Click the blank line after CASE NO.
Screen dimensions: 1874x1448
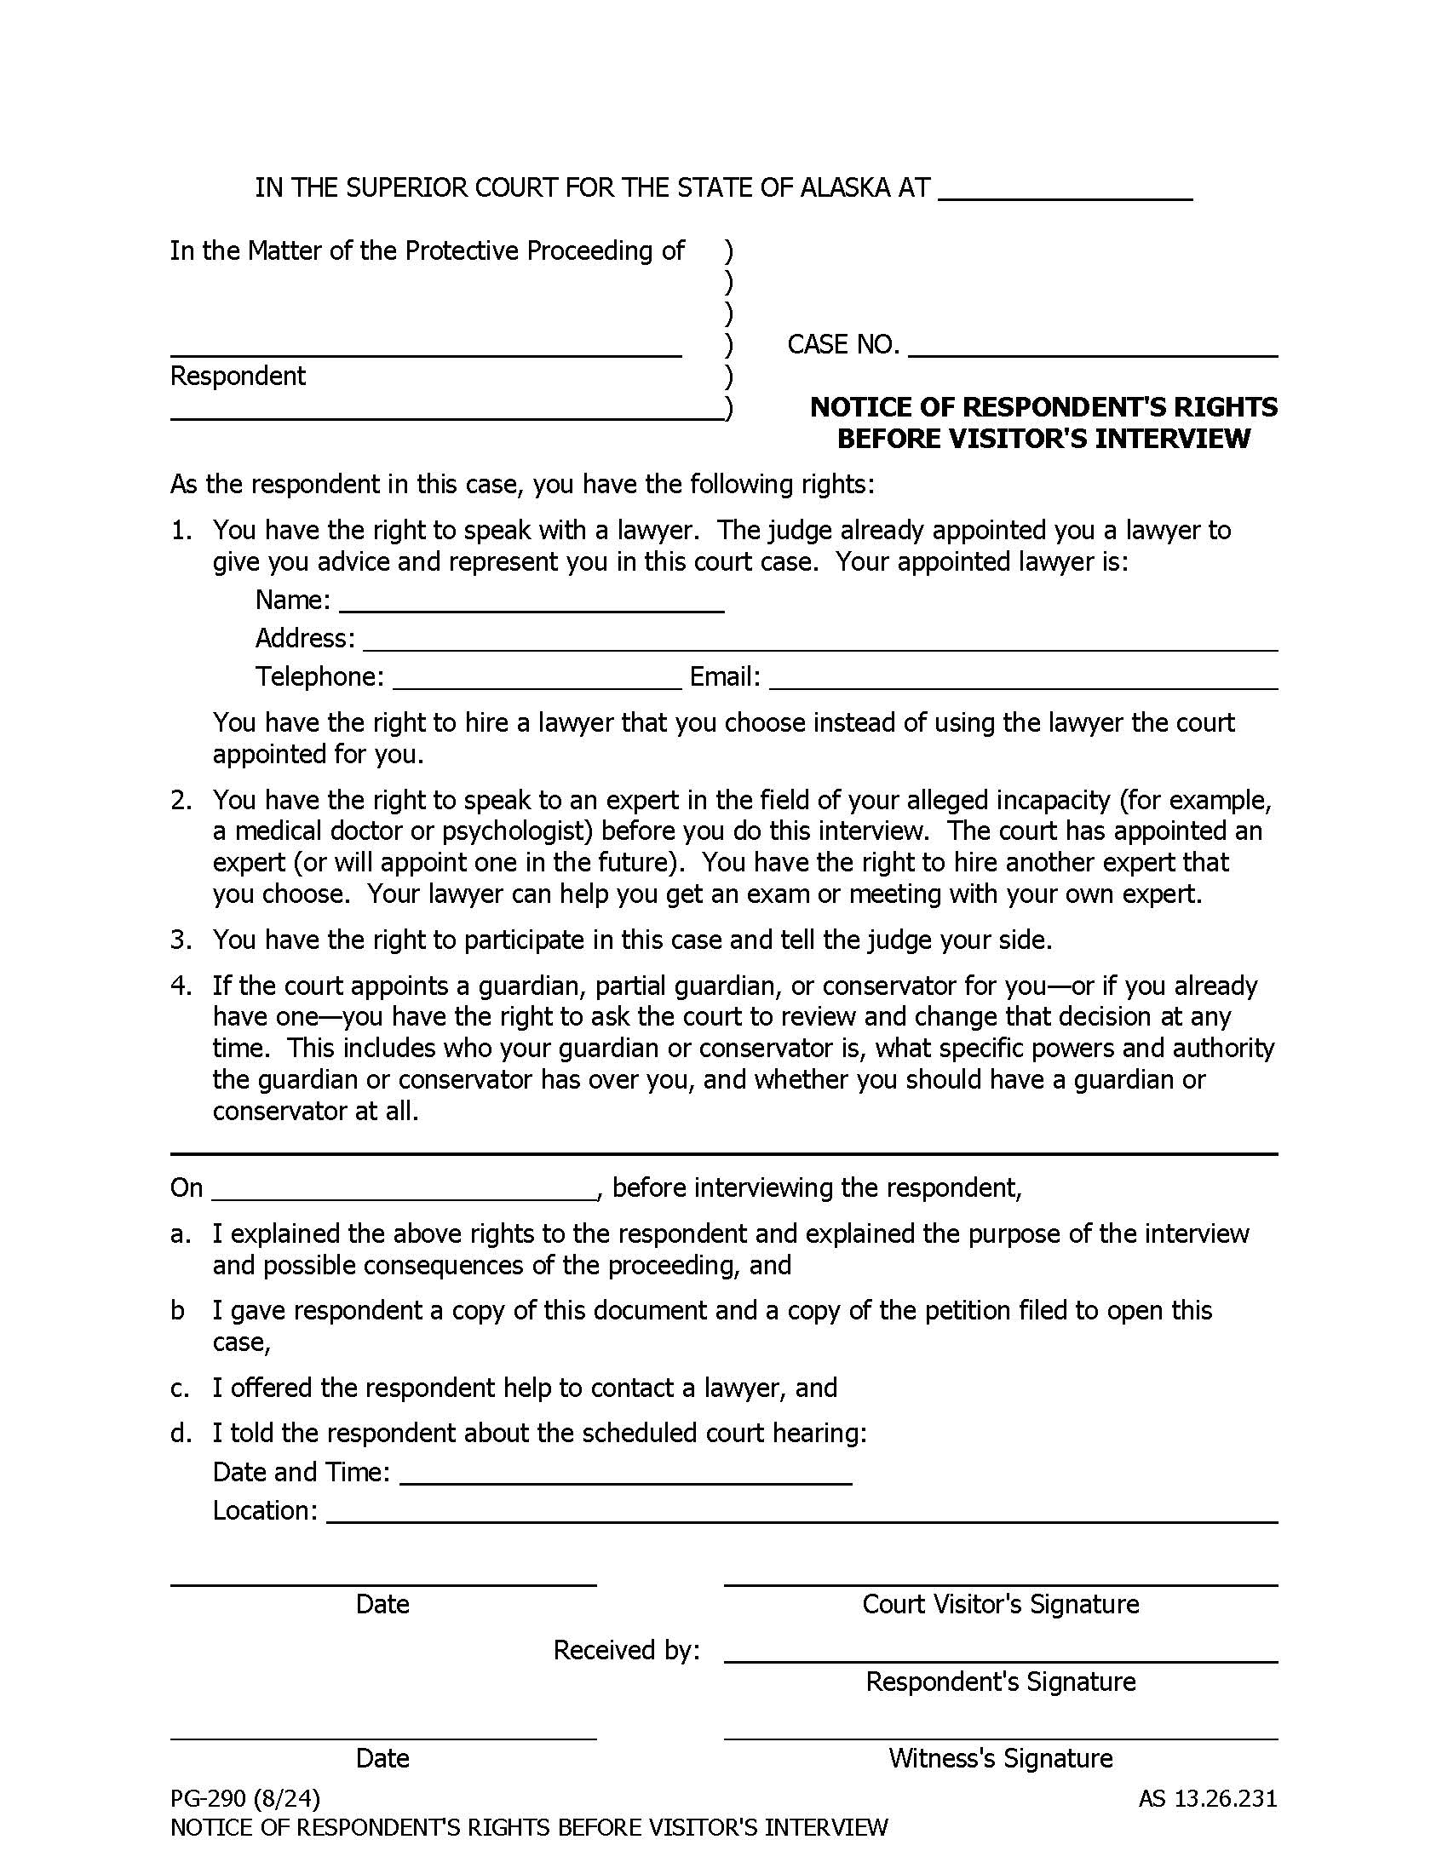tap(1092, 345)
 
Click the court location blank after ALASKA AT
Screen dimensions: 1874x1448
tap(1065, 189)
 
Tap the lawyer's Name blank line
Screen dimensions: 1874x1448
tap(532, 601)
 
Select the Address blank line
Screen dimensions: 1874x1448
tap(819, 639)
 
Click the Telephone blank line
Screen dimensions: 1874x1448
tap(537, 678)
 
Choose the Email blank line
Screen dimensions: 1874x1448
tap(1022, 678)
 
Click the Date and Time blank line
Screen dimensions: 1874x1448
tap(625, 1474)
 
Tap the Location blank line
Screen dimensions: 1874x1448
tap(802, 1512)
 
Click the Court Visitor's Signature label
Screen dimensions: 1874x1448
tap(1000, 1605)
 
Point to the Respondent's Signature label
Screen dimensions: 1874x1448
tap(1000, 1681)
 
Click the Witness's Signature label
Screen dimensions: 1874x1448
tap(1000, 1759)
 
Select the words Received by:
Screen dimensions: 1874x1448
tap(626, 1650)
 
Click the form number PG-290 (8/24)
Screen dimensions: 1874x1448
tap(244, 1798)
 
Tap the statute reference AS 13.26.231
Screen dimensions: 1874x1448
tap(1207, 1798)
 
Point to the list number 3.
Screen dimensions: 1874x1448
tap(180, 940)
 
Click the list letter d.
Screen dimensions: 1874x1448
tap(180, 1434)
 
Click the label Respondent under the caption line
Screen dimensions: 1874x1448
tap(238, 377)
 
